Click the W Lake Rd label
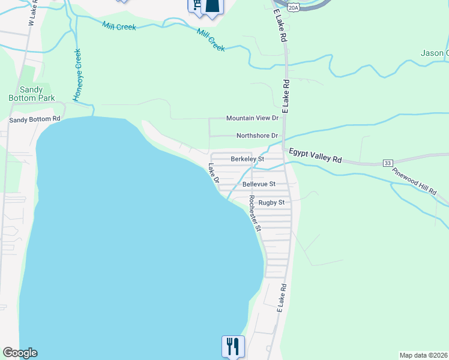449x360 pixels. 32,13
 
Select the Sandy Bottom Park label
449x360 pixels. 32,94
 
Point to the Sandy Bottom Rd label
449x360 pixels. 35,119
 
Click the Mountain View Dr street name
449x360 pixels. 252,119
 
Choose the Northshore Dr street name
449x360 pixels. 257,136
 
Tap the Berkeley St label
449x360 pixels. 247,159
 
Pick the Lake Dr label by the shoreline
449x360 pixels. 214,173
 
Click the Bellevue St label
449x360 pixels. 259,184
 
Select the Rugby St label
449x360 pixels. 271,203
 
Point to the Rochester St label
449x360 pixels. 255,214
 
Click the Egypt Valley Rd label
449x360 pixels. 315,156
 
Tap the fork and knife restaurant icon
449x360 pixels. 233,346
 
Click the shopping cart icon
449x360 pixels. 196,5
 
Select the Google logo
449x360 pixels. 20,353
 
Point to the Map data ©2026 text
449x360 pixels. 424,355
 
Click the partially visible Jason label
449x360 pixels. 435,53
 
